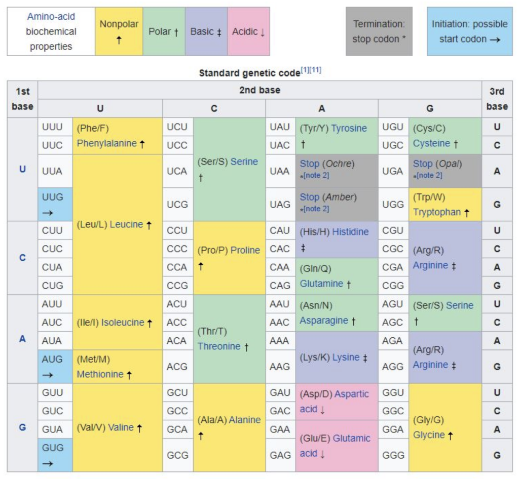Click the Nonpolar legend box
point(119,31)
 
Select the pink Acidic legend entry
point(248,31)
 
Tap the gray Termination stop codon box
point(379,31)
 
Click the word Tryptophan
point(436,212)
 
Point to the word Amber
point(340,197)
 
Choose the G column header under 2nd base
point(430,108)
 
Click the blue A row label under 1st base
point(22,339)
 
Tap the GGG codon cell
point(394,455)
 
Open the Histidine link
point(351,232)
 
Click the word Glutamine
point(321,284)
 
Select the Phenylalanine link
point(106,143)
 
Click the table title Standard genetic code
point(249,73)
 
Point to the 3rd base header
point(497,99)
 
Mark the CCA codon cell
point(177,267)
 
